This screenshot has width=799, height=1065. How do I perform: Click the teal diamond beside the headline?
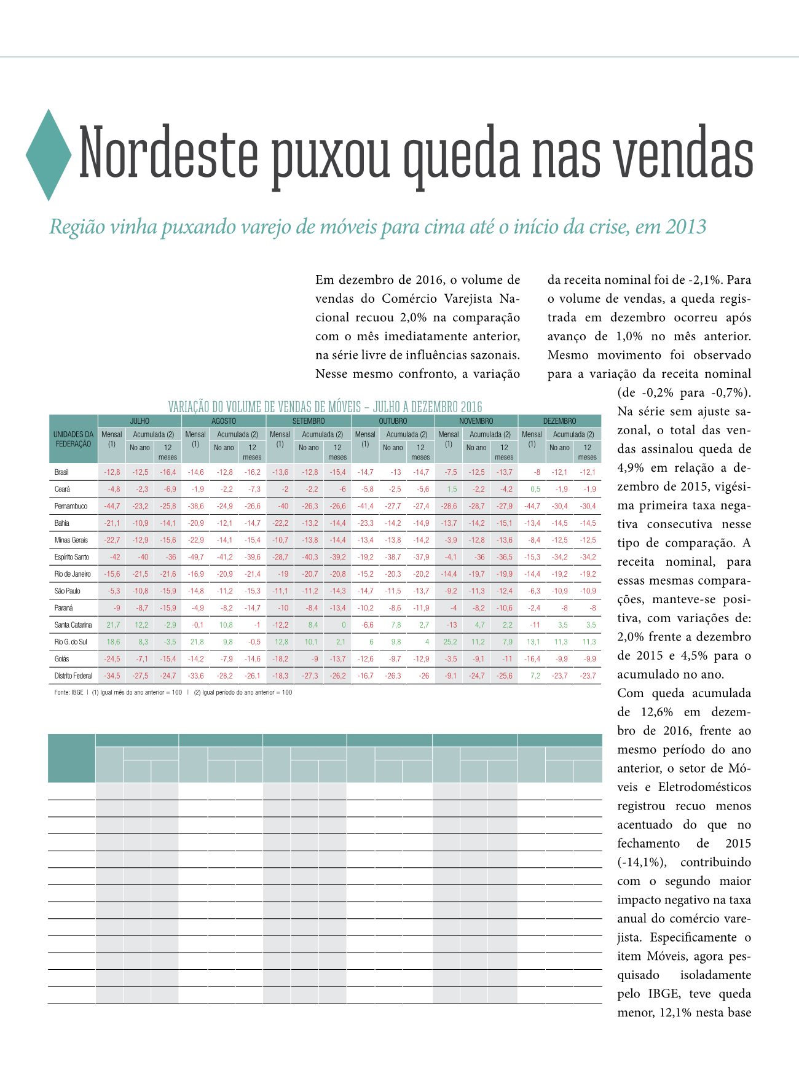click(49, 155)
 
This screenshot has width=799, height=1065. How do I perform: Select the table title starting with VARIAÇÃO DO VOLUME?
click(325, 407)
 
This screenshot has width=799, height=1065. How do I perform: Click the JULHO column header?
click(140, 421)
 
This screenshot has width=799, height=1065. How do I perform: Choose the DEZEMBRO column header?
click(559, 421)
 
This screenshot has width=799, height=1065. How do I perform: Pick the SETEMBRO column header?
click(309, 421)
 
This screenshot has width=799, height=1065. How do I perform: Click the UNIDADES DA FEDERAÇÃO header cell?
click(73, 439)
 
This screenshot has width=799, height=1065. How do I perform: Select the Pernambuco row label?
click(71, 506)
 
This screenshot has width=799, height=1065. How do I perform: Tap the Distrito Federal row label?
click(73, 676)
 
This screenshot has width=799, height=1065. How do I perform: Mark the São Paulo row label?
click(68, 591)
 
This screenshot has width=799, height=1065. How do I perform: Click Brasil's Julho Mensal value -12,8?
click(112, 472)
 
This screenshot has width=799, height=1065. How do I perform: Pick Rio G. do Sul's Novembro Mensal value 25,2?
click(449, 642)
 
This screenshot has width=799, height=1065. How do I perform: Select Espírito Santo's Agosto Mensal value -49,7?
click(195, 557)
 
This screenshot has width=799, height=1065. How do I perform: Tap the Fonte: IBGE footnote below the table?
click(68, 692)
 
